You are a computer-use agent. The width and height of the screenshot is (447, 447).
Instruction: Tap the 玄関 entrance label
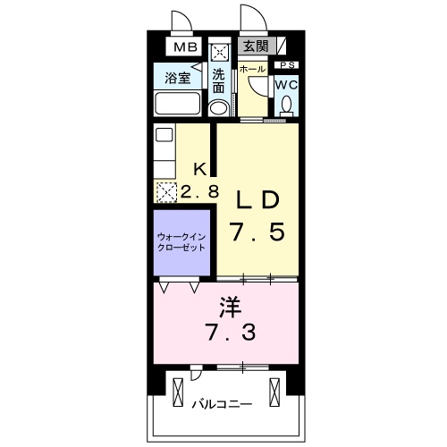254,46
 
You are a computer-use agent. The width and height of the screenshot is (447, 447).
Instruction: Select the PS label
287,65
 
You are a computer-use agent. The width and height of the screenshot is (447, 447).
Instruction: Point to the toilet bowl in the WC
286,105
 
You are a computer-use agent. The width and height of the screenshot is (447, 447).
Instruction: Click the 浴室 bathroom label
177,78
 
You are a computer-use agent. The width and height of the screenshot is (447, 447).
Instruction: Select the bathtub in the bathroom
180,103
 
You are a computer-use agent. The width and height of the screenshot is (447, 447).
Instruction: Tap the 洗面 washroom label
219,80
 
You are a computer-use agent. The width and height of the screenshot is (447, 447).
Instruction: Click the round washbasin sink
218,108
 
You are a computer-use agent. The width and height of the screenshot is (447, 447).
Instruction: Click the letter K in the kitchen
201,168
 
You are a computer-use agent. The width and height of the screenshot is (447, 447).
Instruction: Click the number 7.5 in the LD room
258,232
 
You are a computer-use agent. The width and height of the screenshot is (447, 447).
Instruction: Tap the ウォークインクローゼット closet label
181,241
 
